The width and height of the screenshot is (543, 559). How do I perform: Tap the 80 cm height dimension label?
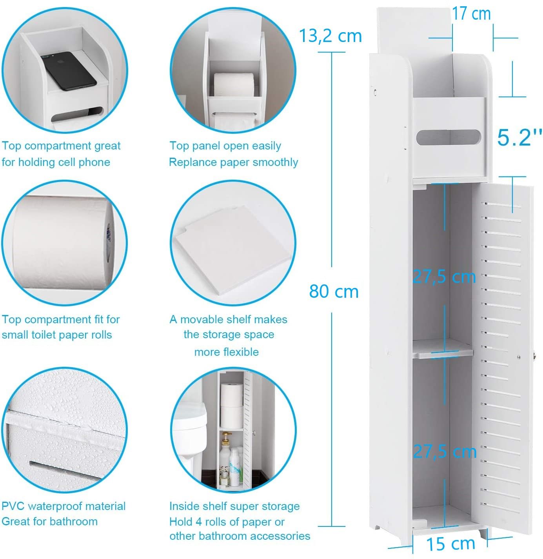tap(334, 291)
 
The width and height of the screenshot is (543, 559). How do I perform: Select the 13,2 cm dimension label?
tap(330, 36)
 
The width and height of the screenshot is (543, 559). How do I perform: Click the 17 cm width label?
tap(471, 14)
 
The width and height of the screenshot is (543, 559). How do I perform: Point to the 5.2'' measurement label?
tap(519, 137)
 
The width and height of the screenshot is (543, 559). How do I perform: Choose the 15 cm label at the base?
tap(450, 544)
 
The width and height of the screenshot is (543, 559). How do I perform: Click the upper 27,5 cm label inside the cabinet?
tap(444, 277)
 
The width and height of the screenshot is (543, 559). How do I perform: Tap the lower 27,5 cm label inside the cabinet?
tap(445, 452)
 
